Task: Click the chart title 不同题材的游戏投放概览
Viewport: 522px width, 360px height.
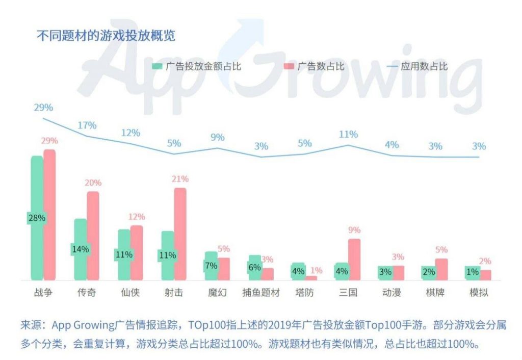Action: point(106,36)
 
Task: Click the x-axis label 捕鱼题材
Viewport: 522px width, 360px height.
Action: point(261,293)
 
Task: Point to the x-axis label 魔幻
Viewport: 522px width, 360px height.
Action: point(217,293)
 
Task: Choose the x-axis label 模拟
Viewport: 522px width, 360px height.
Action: point(479,293)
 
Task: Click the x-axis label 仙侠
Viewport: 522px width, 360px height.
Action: point(130,293)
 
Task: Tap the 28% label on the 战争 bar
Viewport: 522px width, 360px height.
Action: point(37,218)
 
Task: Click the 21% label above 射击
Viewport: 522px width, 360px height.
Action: point(180,179)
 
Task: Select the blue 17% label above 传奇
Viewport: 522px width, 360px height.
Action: point(87,125)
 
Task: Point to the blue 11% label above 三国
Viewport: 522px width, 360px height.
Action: point(348,135)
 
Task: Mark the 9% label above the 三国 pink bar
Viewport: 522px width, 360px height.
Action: point(354,230)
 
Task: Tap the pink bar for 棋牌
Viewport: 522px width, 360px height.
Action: point(441,269)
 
